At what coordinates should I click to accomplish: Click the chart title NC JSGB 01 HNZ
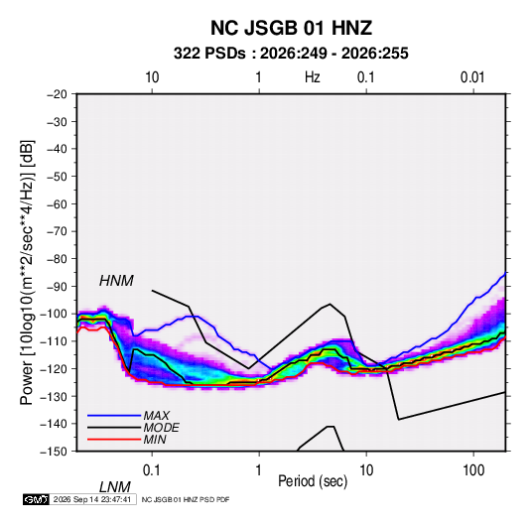point(291,28)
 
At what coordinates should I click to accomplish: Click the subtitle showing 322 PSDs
point(291,54)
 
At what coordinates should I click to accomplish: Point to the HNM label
point(116,281)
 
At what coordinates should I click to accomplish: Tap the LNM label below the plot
point(115,487)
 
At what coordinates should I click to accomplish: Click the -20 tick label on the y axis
point(57,94)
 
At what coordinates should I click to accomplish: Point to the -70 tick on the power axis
point(57,231)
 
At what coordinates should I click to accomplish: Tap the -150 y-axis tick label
point(54,452)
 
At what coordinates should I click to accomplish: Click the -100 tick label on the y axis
point(54,314)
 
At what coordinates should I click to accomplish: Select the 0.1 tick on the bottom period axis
point(152,469)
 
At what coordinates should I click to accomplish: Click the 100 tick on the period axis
point(473,469)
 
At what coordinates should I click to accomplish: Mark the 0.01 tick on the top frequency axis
point(472,77)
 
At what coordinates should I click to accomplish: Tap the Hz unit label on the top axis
point(313,77)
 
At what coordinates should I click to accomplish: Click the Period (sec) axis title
point(313,481)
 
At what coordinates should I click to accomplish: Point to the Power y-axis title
point(27,272)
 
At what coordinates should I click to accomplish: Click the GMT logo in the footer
point(37,499)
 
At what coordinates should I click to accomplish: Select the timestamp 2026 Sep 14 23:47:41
point(92,499)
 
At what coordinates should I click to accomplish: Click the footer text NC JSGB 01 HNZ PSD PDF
point(186,499)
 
